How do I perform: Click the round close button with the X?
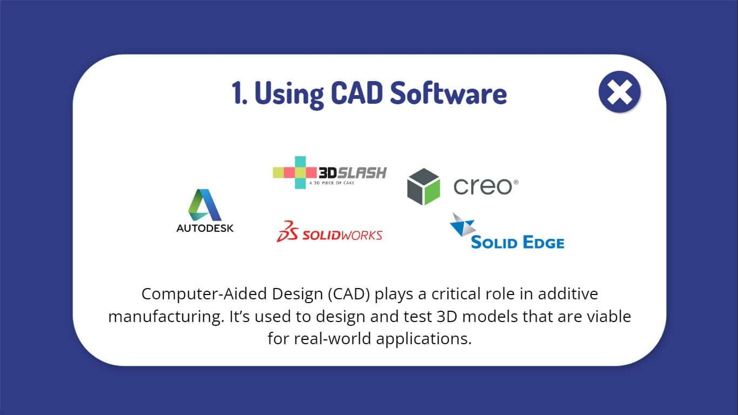tap(619, 92)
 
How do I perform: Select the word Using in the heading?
tap(289, 95)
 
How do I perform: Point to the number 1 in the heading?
tap(238, 93)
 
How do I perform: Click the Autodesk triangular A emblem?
tap(205, 205)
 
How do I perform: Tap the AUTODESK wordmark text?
tap(205, 228)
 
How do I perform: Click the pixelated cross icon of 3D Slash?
tap(295, 172)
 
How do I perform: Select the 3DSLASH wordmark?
tap(353, 173)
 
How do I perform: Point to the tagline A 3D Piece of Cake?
tap(332, 183)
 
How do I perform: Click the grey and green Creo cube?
tap(424, 186)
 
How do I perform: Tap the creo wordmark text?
tap(486, 186)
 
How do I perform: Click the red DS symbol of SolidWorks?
tap(287, 231)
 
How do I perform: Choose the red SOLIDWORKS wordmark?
tap(343, 236)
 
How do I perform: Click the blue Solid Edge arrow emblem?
tap(463, 225)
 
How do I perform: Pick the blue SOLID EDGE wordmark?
tap(518, 242)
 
